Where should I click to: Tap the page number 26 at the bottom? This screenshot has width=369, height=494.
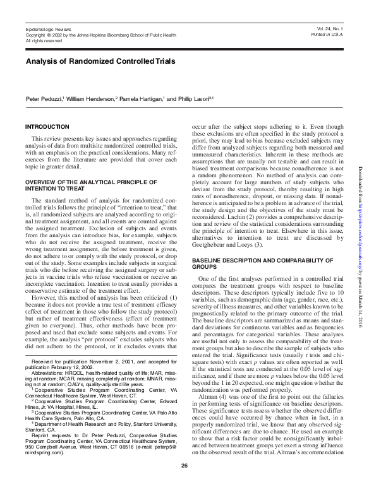click(x=184, y=483)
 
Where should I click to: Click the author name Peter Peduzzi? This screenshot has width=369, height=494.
click(x=46, y=99)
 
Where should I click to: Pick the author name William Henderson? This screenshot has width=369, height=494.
click(x=97, y=99)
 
